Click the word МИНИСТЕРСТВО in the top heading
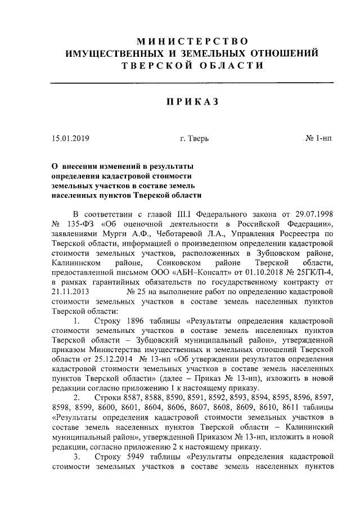point(192,40)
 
